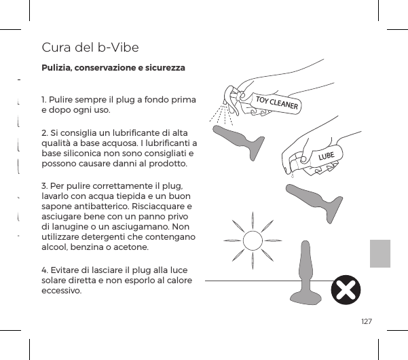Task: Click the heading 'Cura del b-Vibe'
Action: point(90,48)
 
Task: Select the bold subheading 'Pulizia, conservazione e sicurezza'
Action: point(113,69)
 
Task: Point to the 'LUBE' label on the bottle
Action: point(327,157)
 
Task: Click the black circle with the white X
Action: point(346,291)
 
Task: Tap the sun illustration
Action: point(252,240)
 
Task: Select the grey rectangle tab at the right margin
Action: point(380,253)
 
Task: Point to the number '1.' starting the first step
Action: point(45,100)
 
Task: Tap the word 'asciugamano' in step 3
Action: point(143,227)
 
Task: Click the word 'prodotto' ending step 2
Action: point(171,164)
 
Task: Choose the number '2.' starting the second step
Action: point(45,132)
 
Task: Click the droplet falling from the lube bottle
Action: point(291,175)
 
